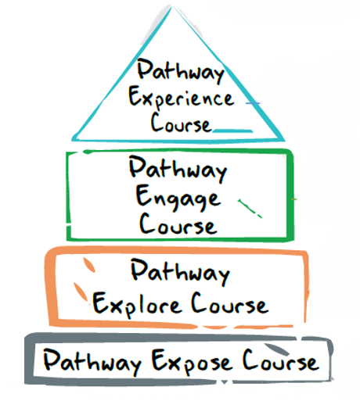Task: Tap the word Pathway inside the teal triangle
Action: point(181,70)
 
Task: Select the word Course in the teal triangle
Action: point(181,123)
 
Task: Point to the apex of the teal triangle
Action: point(171,6)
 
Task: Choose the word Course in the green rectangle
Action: point(178,224)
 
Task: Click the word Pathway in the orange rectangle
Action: point(180,271)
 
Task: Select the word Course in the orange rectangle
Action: point(229,303)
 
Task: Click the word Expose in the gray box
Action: point(192,362)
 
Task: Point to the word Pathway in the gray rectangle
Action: point(92,362)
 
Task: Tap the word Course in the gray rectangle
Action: point(280,360)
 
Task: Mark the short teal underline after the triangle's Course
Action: point(232,131)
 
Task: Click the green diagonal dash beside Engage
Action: point(250,208)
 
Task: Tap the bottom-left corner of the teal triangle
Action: point(73,140)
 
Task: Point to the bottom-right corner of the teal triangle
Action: point(284,140)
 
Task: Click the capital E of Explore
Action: point(99,303)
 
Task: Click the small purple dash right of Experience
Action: point(253,103)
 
